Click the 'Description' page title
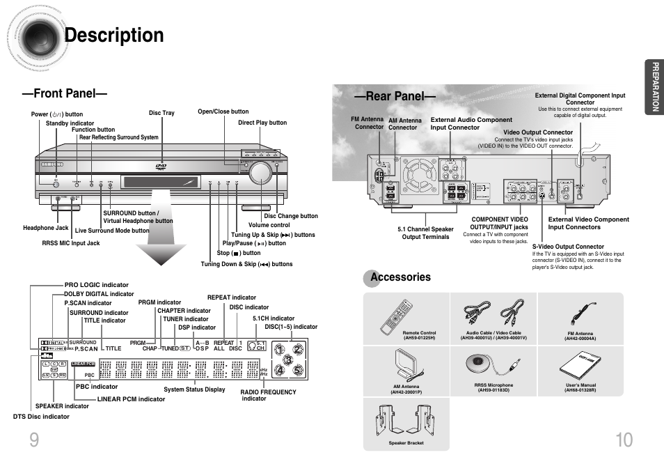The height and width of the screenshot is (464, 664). click(x=114, y=36)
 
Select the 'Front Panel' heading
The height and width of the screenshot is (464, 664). click(x=63, y=93)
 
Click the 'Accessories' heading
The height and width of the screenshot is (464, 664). click(x=400, y=277)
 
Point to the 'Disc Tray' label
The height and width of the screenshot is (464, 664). click(x=161, y=113)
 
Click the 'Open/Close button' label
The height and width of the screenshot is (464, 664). click(x=223, y=111)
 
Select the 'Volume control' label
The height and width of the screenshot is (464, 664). click(x=269, y=225)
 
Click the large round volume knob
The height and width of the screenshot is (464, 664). click(x=258, y=173)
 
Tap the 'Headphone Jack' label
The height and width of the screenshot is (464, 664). click(x=46, y=228)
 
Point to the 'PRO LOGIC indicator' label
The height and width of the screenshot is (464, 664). click(x=97, y=285)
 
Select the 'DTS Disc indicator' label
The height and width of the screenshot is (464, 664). click(x=41, y=417)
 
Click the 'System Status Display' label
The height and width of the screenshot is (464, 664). click(x=194, y=389)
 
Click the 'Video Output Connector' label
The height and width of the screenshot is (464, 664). click(x=538, y=132)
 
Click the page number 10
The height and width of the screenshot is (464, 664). click(x=624, y=440)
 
